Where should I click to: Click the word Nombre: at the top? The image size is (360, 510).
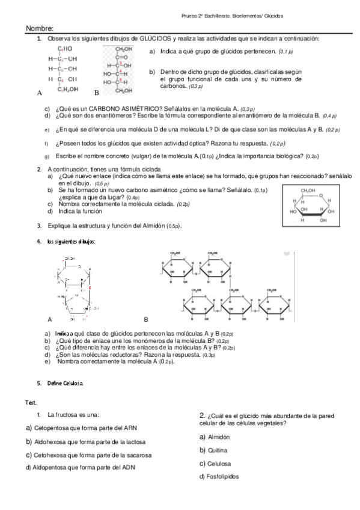tap(40, 28)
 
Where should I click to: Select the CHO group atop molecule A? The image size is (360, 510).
tap(65, 48)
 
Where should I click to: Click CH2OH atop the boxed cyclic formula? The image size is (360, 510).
tap(308, 190)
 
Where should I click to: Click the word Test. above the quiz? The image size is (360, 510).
tap(31, 402)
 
